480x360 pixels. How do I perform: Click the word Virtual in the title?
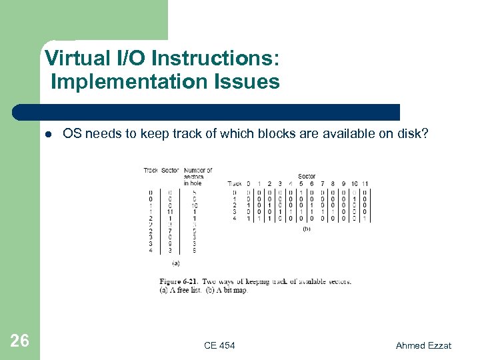coord(74,59)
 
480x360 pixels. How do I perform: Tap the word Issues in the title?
coord(247,82)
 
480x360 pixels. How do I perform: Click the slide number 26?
coord(20,341)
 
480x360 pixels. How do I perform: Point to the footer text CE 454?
coord(219,345)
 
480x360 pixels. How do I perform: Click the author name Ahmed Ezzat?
coord(423,345)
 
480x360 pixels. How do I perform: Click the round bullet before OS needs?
coord(48,134)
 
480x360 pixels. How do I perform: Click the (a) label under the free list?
coord(175,263)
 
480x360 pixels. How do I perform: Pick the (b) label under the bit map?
coord(307,229)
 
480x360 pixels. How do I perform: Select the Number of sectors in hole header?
coord(197,176)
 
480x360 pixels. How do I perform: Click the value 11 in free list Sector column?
coord(171,211)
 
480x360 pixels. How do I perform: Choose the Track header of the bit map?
coord(235,183)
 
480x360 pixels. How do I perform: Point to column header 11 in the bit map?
coord(365,183)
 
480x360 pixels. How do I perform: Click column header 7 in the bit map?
coord(322,183)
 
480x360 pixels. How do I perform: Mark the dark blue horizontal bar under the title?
coord(207,112)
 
